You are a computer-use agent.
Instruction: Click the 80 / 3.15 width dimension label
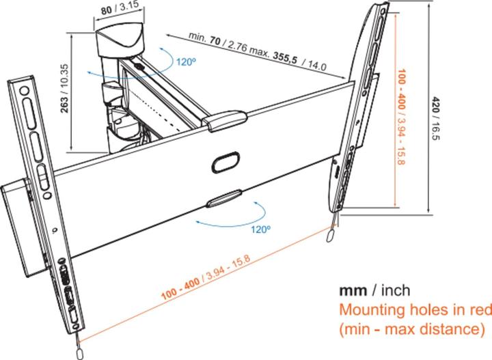point(120,8)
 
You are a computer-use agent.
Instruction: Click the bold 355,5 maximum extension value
point(285,58)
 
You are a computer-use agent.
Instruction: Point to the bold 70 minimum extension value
point(215,40)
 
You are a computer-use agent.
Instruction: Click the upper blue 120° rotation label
point(186,61)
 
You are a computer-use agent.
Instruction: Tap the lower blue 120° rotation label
point(260,230)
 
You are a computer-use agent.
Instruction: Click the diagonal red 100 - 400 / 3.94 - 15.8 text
point(206,278)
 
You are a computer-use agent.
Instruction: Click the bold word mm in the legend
point(353,290)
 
